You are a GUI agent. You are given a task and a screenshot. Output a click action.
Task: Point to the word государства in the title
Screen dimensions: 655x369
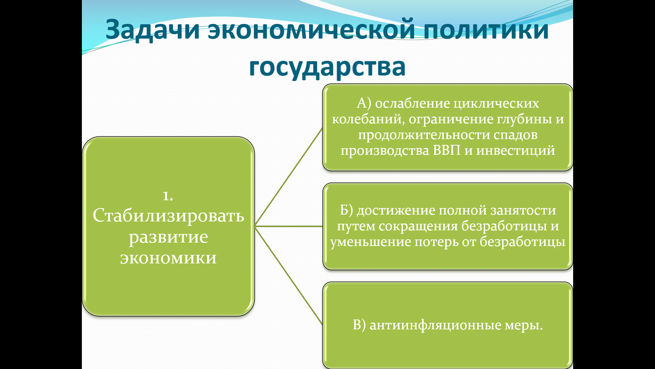point(327,67)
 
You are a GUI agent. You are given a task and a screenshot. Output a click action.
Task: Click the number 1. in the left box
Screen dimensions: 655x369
point(168,195)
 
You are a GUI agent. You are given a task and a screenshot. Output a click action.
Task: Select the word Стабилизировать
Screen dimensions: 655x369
point(169,216)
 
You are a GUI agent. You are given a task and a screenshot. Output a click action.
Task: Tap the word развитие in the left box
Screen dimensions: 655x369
point(169,237)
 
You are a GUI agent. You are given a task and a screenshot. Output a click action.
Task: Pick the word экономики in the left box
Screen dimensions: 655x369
point(169,258)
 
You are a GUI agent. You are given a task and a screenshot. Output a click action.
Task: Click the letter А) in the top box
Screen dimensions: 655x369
point(364,103)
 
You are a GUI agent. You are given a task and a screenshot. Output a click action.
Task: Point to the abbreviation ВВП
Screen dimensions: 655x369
point(447,150)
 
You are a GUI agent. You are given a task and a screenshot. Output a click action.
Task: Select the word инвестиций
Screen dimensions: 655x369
point(515,151)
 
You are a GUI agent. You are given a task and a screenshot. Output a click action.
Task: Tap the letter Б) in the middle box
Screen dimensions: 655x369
point(346,210)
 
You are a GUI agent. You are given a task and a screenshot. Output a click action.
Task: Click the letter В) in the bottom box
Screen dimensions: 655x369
point(359,325)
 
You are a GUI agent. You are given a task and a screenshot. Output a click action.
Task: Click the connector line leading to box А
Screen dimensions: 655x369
point(289,177)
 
